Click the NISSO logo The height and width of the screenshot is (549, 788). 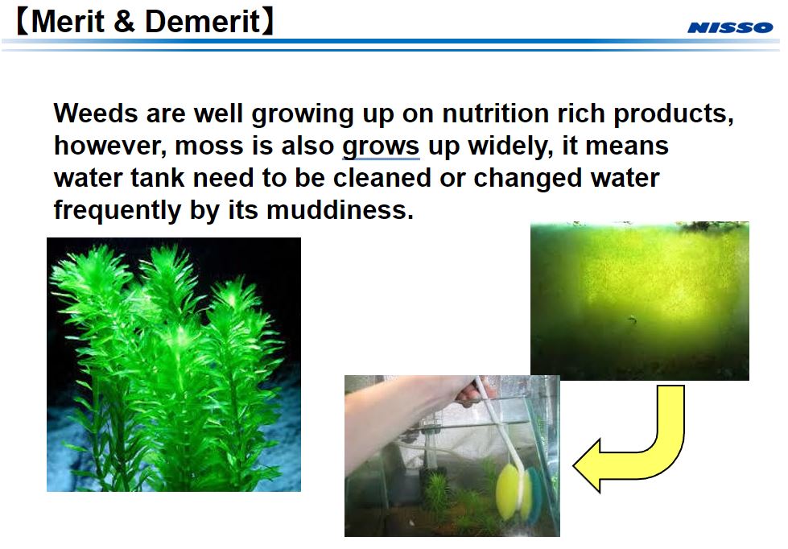click(x=729, y=27)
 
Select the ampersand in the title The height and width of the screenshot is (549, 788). click(x=124, y=22)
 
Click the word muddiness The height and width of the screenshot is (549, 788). click(x=340, y=210)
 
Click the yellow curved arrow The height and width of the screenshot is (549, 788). click(x=636, y=447)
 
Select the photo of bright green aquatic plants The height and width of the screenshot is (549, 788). click(x=173, y=364)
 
